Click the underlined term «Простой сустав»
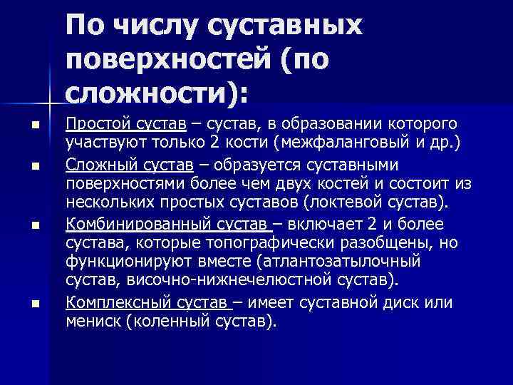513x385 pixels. (x=127, y=125)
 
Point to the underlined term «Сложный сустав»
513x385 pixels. (x=129, y=165)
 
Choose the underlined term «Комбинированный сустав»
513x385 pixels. (x=168, y=225)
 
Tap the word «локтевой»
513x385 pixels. (x=346, y=202)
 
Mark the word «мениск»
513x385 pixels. (x=93, y=321)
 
